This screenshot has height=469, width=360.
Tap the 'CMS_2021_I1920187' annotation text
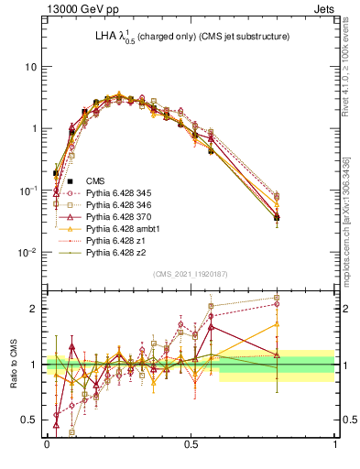click(191, 274)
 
